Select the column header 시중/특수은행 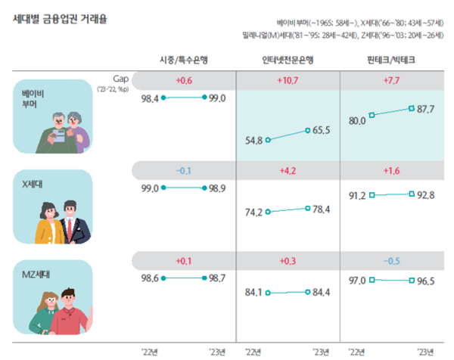(184, 60)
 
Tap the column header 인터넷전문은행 (288, 60)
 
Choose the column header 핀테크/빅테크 (390, 60)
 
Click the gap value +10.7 (288, 80)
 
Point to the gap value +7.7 (390, 80)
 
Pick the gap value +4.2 (288, 170)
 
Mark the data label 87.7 (426, 110)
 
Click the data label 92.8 (426, 195)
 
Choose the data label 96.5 (426, 281)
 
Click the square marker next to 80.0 (372, 116)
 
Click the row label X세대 (35, 184)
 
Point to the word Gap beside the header (122, 78)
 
